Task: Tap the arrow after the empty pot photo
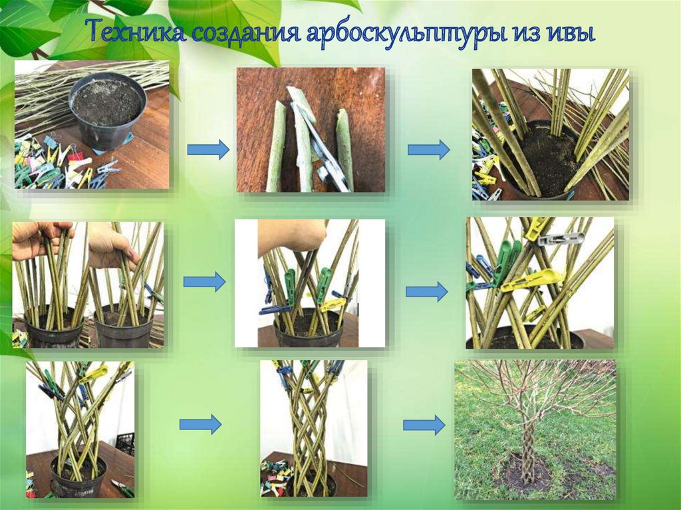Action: coord(208,150)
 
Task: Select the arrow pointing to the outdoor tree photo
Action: coord(424,425)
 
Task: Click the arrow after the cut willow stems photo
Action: coord(429,150)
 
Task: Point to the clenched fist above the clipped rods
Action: coord(291,238)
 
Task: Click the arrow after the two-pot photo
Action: coord(204,283)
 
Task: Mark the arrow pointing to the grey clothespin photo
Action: coord(426,292)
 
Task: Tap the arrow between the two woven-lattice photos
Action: coord(200,424)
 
